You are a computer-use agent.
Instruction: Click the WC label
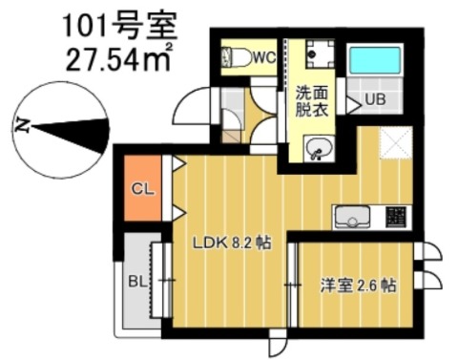263,57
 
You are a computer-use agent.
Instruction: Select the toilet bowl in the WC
236,57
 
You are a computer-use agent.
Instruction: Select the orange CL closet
143,190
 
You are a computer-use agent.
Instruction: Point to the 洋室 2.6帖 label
358,285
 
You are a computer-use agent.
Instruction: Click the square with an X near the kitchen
393,142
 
